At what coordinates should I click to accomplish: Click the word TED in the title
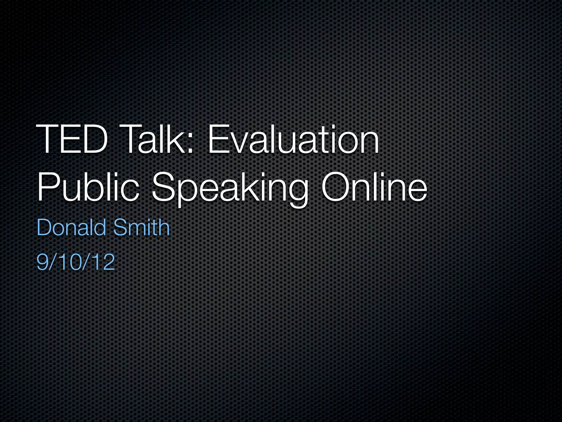[71, 140]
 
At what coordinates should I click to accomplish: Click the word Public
[88, 187]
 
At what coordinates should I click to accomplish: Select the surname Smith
[142, 227]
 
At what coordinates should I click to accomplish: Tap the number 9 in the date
[42, 262]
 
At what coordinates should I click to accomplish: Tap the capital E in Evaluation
[218, 140]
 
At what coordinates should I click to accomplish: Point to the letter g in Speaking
[297, 192]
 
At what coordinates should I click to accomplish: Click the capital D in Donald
[44, 227]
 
